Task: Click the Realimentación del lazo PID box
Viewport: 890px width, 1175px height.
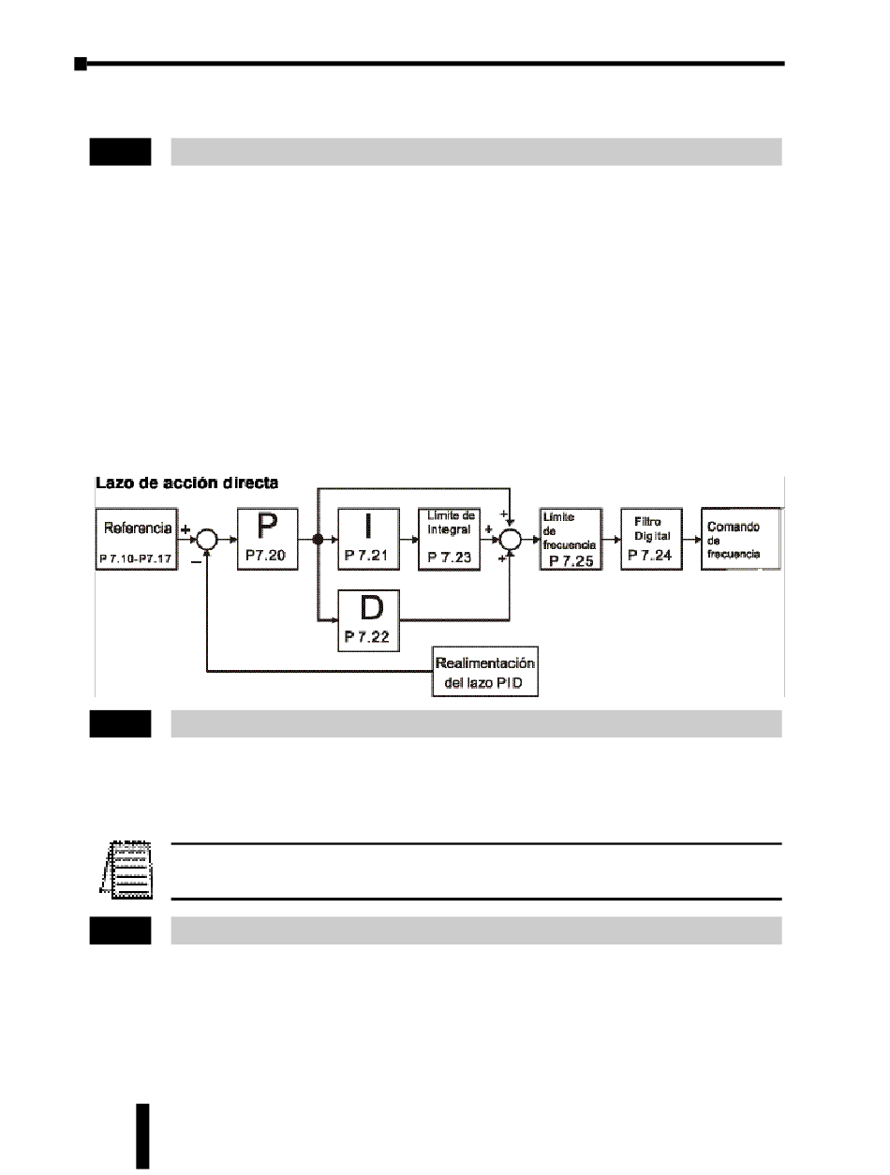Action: click(487, 672)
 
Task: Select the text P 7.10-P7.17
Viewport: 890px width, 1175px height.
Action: click(137, 560)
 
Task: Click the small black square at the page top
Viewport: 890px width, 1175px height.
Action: click(81, 64)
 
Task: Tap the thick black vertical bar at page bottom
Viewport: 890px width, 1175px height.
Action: click(142, 1136)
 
